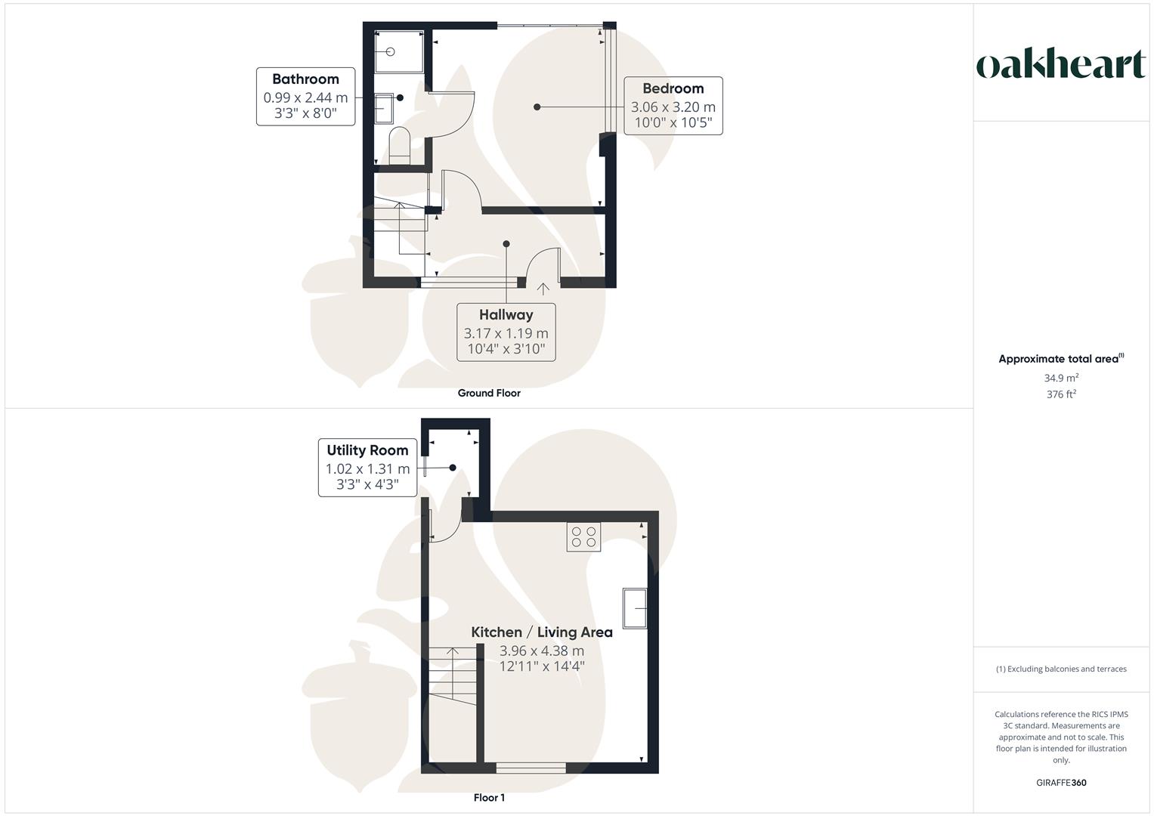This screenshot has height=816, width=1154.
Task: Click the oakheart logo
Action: pyautogui.click(x=1060, y=65)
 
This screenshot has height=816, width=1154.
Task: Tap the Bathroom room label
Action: pyautogui.click(x=305, y=79)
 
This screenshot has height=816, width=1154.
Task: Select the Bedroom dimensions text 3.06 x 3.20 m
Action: pyautogui.click(x=673, y=107)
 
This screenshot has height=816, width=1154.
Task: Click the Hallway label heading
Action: pyautogui.click(x=506, y=315)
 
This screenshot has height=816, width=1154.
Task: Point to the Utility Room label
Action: pyautogui.click(x=367, y=450)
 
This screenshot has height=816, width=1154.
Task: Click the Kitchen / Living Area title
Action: pyautogui.click(x=542, y=632)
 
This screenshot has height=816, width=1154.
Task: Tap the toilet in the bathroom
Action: pyautogui.click(x=399, y=145)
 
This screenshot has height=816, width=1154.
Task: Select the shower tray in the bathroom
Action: pyautogui.click(x=399, y=52)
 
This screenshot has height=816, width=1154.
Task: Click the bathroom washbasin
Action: pyautogui.click(x=385, y=108)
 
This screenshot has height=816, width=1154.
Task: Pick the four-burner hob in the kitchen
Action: pyautogui.click(x=583, y=537)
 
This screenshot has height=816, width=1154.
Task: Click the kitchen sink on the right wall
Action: pyautogui.click(x=635, y=607)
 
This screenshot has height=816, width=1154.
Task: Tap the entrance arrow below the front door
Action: pyautogui.click(x=543, y=289)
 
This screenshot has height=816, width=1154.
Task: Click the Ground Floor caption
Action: pyautogui.click(x=489, y=393)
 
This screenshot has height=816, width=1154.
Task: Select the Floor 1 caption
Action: pyautogui.click(x=489, y=798)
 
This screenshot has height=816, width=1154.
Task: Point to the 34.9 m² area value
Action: pyautogui.click(x=1061, y=378)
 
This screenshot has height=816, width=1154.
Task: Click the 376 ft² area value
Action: pyautogui.click(x=1061, y=394)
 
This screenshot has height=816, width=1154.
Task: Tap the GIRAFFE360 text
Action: pyautogui.click(x=1061, y=783)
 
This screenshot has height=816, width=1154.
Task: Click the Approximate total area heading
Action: pyautogui.click(x=1060, y=359)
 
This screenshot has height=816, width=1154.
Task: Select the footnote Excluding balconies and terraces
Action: pyautogui.click(x=1061, y=669)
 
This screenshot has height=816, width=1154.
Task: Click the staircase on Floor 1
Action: pyautogui.click(x=453, y=676)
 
